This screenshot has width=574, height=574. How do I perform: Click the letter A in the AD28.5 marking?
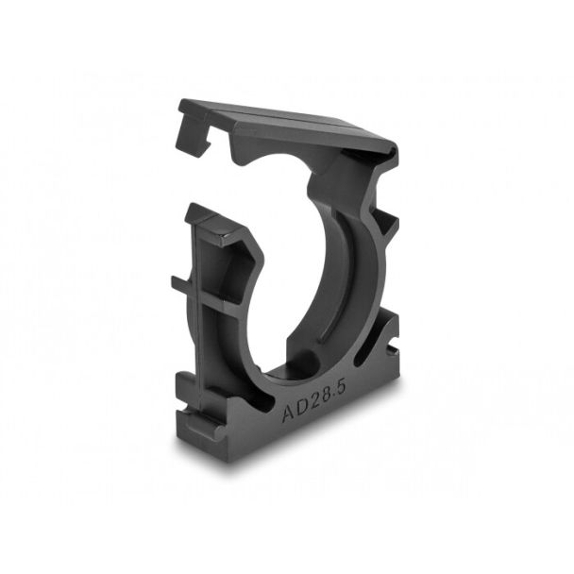[288, 413]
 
